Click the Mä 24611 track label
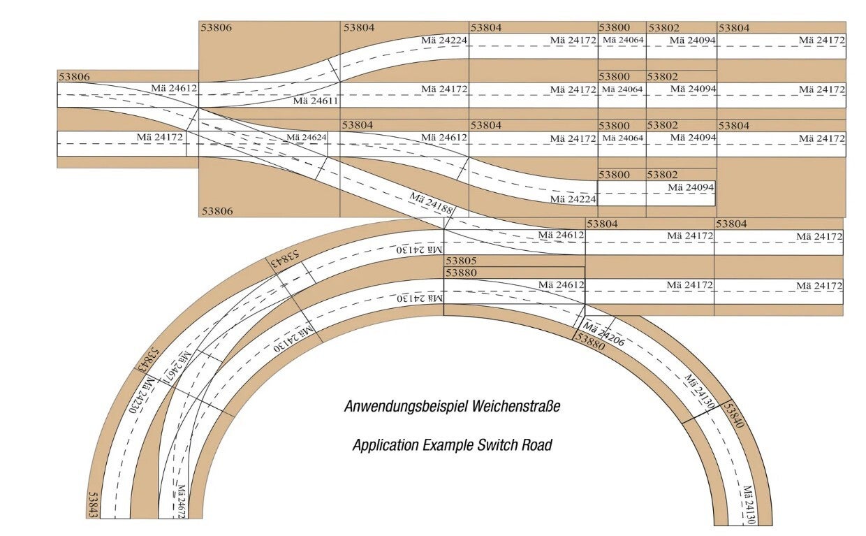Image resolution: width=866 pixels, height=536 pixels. (316, 101)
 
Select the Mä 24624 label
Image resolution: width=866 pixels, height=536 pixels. (306, 137)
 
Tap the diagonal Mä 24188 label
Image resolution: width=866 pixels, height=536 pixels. (431, 203)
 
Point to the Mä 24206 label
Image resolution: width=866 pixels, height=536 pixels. (603, 334)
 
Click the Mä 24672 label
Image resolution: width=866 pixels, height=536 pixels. (182, 501)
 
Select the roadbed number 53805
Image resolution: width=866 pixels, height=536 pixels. (461, 261)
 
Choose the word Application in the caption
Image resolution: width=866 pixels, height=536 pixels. (386, 445)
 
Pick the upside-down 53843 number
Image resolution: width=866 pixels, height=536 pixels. (286, 259)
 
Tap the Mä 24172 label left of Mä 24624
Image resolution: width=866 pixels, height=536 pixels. (159, 137)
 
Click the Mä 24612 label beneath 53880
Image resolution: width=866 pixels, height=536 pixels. (562, 284)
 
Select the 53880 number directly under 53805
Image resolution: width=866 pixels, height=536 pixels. (461, 273)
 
